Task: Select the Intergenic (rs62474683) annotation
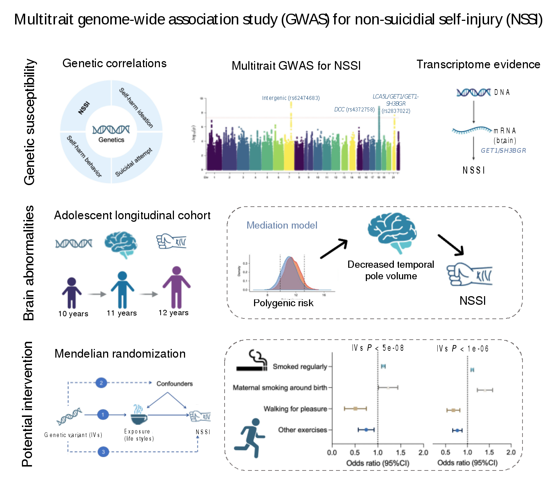pyautogui.click(x=291, y=98)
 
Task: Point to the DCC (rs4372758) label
pyautogui.click(x=354, y=109)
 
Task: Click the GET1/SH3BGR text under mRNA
pyautogui.click(x=503, y=151)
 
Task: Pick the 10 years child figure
pyautogui.click(x=72, y=293)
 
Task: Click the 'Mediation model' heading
pyautogui.click(x=282, y=225)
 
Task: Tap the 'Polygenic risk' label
pyautogui.click(x=283, y=303)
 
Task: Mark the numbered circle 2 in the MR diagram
pyautogui.click(x=101, y=383)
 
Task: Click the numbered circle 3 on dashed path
pyautogui.click(x=103, y=452)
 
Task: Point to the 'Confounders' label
pyautogui.click(x=174, y=384)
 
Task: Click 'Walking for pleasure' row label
pyautogui.click(x=295, y=409)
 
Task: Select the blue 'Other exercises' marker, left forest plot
pyautogui.click(x=366, y=429)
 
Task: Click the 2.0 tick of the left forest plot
pyautogui.click(x=423, y=452)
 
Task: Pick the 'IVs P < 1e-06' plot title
pyautogui.click(x=462, y=348)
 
